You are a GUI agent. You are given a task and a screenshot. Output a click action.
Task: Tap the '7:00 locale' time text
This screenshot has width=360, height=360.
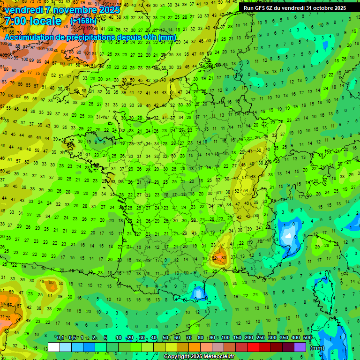point(32,21)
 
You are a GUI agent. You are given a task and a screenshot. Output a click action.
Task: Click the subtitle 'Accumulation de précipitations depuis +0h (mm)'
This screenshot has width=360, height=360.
point(91,37)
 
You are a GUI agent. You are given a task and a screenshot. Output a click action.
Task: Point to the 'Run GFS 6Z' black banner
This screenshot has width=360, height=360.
point(295,8)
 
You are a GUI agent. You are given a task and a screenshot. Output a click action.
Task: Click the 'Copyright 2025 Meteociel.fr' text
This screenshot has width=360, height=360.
point(200,356)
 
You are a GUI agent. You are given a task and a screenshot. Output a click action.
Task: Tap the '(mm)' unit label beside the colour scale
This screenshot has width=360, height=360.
point(317,348)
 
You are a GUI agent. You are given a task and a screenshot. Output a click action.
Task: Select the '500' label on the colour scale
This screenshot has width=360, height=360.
point(307,337)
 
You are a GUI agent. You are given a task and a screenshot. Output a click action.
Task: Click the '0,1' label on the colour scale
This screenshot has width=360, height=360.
point(60,337)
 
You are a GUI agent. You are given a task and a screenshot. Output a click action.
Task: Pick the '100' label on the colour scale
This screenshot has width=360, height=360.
point(225,337)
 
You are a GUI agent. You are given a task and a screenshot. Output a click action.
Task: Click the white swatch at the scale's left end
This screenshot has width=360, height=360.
point(54,347)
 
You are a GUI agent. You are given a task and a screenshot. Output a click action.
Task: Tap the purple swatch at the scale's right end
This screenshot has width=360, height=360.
point(300,347)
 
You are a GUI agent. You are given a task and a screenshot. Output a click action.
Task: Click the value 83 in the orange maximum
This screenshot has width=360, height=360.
point(224,257)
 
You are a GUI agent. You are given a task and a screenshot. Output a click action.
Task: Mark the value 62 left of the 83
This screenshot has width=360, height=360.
point(215,257)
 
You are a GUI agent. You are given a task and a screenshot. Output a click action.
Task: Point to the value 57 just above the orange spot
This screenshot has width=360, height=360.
point(223,244)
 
